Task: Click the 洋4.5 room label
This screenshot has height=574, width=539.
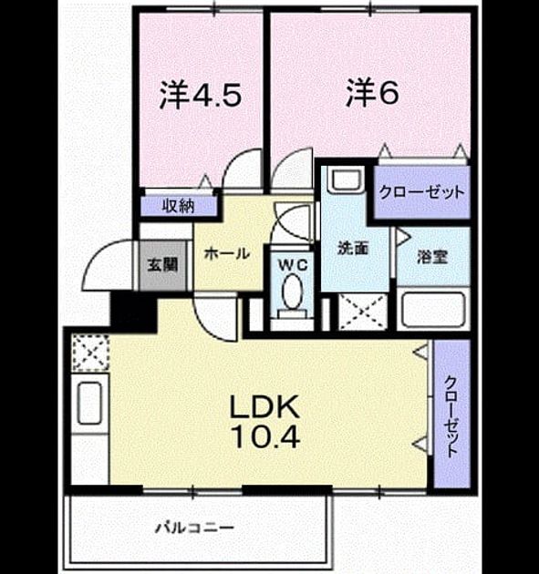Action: tap(200, 95)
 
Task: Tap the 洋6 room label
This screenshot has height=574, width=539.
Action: tap(372, 93)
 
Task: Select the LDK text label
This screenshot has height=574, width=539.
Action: tap(264, 407)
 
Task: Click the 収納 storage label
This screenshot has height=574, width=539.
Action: tap(178, 207)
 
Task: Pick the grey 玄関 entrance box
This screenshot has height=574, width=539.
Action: tap(162, 265)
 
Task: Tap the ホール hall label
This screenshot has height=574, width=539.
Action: tap(227, 253)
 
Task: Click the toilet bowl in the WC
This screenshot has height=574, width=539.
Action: tap(292, 292)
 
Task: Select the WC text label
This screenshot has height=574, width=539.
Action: tap(293, 265)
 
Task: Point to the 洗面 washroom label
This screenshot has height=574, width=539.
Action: tap(353, 249)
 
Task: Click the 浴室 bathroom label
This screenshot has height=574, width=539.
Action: tap(432, 257)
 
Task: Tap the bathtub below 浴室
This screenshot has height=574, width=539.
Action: tap(433, 309)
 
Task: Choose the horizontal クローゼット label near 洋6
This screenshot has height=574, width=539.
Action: tap(421, 192)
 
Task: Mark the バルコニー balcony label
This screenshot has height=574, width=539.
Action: tap(194, 528)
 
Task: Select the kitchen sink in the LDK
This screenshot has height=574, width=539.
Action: tap(89, 404)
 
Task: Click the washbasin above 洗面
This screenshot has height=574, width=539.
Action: tap(346, 180)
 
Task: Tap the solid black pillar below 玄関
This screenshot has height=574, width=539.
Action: tap(134, 312)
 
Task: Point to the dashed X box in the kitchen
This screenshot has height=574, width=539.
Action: tap(90, 354)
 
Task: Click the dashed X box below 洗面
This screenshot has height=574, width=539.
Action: tap(363, 312)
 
